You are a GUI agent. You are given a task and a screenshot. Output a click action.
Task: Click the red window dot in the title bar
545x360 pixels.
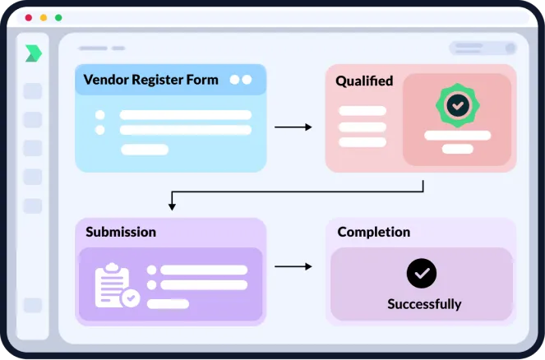[x=29, y=18]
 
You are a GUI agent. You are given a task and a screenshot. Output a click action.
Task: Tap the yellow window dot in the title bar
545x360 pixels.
[x=44, y=18]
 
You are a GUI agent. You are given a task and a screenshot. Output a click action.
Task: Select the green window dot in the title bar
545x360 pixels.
[x=58, y=18]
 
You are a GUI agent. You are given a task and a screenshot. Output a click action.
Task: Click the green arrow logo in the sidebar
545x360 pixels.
[x=34, y=53]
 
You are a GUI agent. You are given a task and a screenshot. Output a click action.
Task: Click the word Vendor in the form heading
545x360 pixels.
[x=106, y=80]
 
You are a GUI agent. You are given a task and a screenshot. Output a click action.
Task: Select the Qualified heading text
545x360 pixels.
[x=364, y=81]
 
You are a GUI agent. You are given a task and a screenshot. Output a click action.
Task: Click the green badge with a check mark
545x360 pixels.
[x=457, y=105]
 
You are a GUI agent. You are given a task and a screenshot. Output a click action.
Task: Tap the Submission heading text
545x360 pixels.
[x=121, y=232]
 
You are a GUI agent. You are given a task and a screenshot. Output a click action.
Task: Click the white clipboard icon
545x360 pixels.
[x=113, y=285]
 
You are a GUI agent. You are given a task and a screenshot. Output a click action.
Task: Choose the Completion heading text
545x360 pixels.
[x=374, y=232]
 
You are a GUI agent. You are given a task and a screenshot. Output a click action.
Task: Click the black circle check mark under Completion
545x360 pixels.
[x=422, y=273]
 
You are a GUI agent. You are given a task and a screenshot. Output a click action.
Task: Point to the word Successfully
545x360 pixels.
[x=424, y=304]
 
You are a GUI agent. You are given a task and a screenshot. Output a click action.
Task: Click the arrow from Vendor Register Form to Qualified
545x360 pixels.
[x=293, y=127]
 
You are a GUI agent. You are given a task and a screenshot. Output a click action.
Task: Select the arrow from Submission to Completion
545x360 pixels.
[x=293, y=266]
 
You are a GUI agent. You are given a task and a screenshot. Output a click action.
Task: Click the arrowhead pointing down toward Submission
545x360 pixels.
[x=172, y=206]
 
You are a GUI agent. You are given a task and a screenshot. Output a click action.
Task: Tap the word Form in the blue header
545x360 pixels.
[x=202, y=80]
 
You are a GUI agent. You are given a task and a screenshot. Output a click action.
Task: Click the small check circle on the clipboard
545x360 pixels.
[x=131, y=298]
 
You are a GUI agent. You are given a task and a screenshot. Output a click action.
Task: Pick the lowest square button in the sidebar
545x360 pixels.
[x=33, y=305]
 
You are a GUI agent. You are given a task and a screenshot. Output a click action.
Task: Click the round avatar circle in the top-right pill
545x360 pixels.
[x=510, y=48]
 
